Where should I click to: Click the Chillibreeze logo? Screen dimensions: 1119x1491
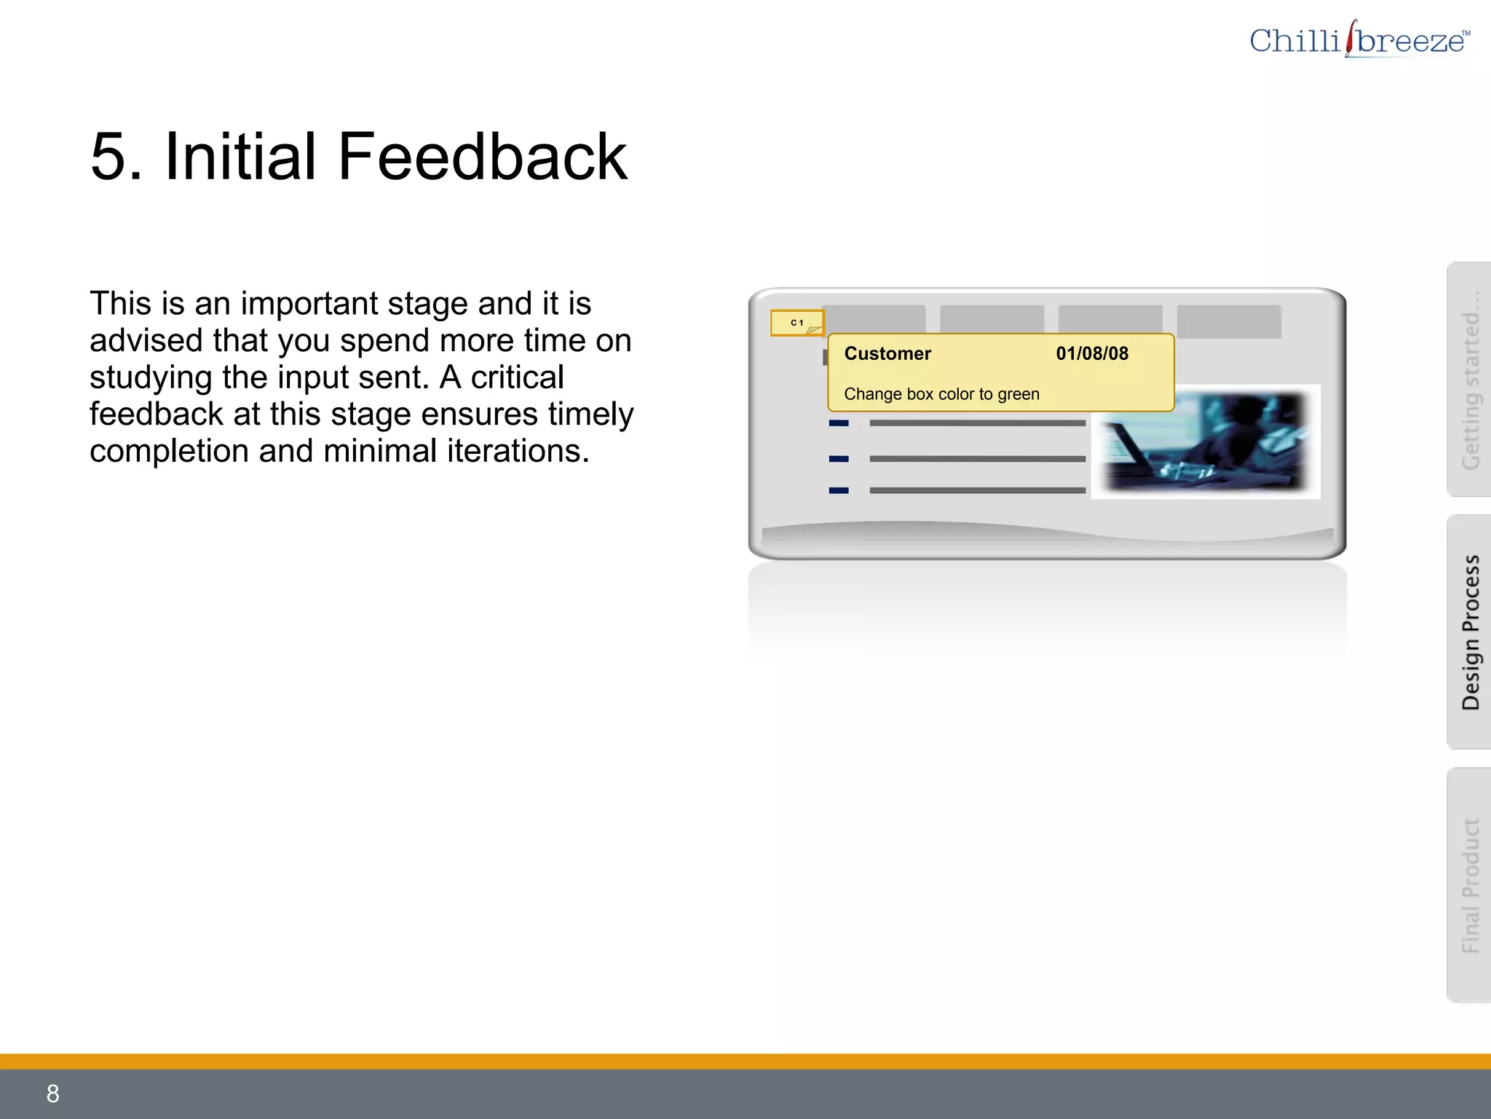[1358, 40]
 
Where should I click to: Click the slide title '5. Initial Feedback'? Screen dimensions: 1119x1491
[358, 157]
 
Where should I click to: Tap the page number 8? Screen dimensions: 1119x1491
[52, 1094]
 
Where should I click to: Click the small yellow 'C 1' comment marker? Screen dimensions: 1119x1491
[797, 323]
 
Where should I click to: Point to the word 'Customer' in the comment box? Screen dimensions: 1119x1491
[887, 354]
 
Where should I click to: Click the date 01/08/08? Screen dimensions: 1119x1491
[1092, 354]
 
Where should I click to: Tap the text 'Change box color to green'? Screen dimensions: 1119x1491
[941, 394]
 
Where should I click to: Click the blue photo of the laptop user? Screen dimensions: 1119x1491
[1206, 442]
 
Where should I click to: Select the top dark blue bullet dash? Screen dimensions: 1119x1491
[839, 423]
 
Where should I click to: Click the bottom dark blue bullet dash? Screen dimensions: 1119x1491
[839, 490]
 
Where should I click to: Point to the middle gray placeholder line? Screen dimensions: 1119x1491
[977, 459]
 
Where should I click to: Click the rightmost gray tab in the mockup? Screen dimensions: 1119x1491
[1229, 321]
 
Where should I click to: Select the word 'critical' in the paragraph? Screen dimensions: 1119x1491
[517, 377]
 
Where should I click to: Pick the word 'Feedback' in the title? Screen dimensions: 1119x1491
[482, 157]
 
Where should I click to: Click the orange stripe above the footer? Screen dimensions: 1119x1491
[745, 1061]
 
